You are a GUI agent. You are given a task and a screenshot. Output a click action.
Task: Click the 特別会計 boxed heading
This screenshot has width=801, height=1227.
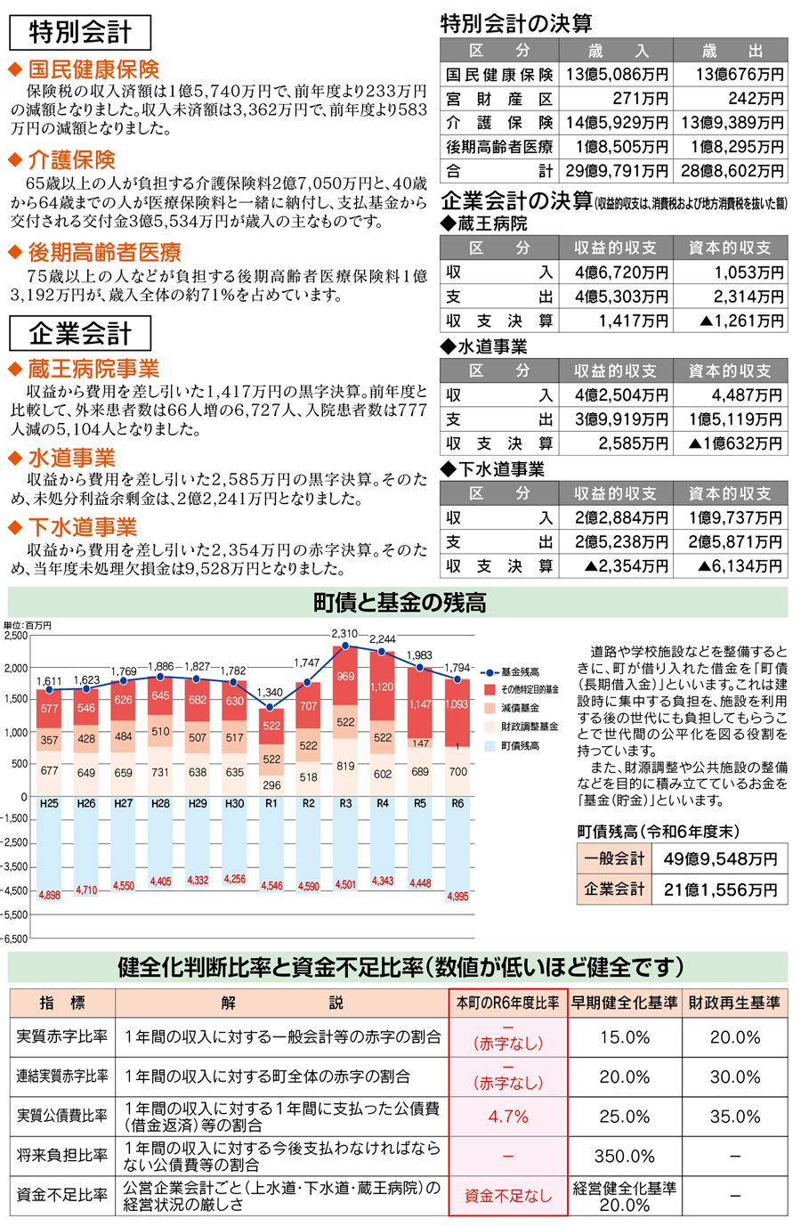(x=80, y=32)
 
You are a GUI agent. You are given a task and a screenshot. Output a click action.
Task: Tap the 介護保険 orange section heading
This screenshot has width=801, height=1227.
(x=71, y=160)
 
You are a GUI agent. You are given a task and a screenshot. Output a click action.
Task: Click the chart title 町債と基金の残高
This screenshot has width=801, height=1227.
(x=400, y=603)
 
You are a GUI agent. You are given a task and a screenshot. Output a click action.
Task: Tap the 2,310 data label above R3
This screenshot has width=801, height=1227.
(x=344, y=634)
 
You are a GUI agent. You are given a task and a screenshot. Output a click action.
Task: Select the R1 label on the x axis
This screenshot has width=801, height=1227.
(x=271, y=803)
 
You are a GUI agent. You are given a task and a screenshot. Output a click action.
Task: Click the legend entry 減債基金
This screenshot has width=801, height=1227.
(x=520, y=708)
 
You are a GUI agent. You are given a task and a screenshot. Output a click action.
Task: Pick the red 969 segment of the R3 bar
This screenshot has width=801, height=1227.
(x=345, y=677)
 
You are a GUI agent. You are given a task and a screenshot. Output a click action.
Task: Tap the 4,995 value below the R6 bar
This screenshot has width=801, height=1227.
(x=457, y=897)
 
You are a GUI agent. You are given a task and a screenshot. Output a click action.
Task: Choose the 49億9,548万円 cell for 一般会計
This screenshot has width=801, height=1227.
(x=720, y=859)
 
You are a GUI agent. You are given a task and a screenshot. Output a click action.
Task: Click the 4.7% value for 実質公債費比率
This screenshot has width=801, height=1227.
(x=508, y=1117)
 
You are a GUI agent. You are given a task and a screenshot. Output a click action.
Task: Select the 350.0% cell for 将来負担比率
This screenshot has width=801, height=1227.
(x=624, y=1157)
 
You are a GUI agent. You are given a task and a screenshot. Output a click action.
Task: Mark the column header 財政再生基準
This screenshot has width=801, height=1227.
(x=734, y=1003)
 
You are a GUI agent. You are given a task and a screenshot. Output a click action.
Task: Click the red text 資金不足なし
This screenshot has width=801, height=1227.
(x=508, y=1196)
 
